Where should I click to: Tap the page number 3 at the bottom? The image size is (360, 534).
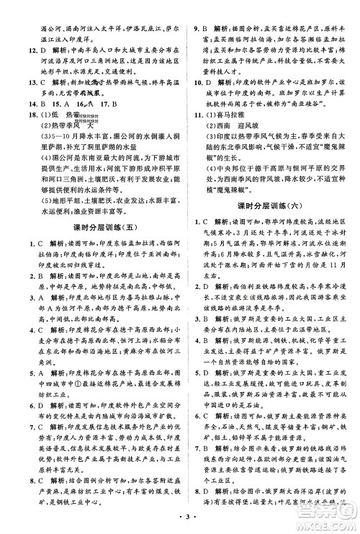(x=181, y=517)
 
